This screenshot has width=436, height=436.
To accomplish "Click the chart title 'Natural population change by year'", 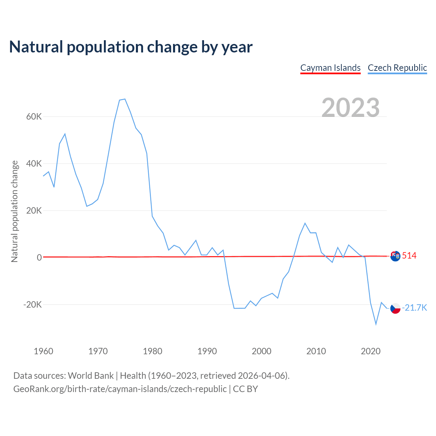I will pos(131,47).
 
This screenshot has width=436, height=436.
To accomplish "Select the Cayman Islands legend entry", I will pos(330,68).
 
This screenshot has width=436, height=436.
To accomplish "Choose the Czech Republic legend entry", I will pos(397,68).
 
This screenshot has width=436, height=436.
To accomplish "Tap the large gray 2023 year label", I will pos(351,107).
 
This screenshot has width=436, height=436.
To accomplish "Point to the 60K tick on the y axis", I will pos(34,117).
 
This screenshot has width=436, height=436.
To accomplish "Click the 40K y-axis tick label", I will pos(34,164).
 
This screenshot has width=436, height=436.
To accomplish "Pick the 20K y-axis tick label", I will pos(34,211).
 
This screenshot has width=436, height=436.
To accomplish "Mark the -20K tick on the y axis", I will pos(33,305).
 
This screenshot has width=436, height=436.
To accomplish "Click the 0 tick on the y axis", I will pos(40,258).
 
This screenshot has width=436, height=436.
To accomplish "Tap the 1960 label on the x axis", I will pos(44,351).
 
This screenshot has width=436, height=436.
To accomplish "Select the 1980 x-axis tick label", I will pos(153,351).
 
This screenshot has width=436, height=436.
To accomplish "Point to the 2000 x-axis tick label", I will pos(262,351).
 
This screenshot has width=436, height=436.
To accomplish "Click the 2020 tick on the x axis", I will pos(371,351).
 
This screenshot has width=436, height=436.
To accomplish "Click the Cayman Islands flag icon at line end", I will pos(395,256).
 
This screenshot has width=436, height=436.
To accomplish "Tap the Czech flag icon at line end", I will pos(395,308).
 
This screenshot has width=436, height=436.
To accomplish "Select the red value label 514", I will pos(409,256).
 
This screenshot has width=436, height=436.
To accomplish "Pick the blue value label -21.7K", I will pos(414,308).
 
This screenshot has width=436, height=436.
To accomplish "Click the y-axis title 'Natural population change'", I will pos(15,212).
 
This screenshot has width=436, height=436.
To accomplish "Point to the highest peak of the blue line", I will pos(125,99).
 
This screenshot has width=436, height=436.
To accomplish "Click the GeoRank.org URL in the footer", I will pos(120,389).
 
